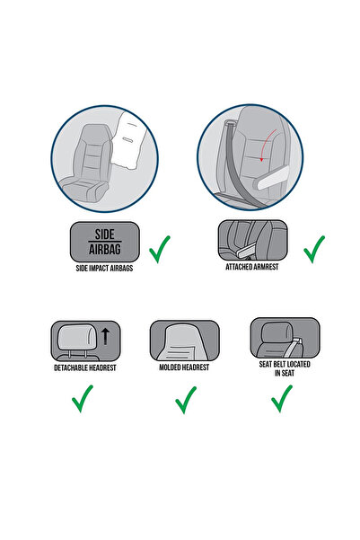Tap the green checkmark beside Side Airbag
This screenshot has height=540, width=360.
[161, 249]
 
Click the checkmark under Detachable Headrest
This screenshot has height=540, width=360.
[83, 398]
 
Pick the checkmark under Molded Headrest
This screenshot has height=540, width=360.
[186, 398]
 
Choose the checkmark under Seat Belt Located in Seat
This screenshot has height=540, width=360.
[282, 396]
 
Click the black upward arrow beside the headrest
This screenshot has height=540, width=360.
[105, 337]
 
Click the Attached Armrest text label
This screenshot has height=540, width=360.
[252, 267]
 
